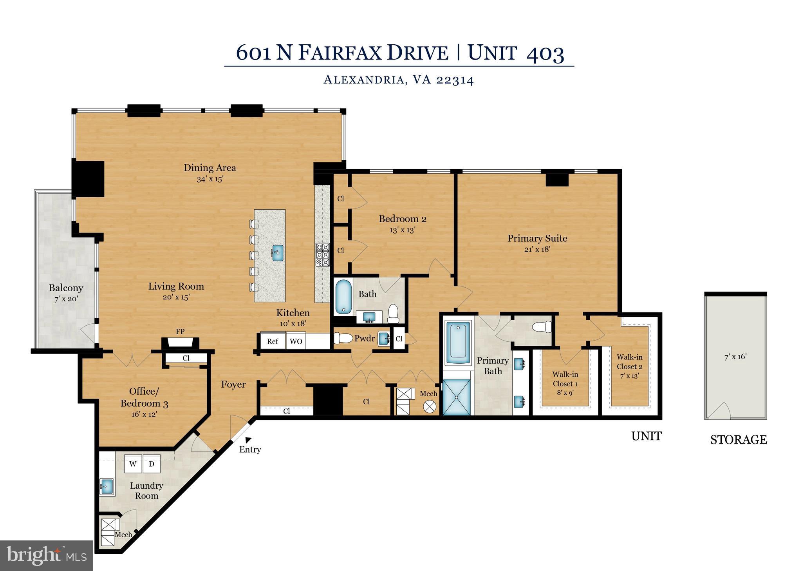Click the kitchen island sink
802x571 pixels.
click(x=277, y=253)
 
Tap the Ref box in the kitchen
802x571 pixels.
click(x=273, y=341)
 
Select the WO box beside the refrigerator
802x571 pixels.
click(x=296, y=341)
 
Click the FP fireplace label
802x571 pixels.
click(x=180, y=332)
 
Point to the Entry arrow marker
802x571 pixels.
click(x=248, y=440)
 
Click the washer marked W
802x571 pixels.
click(x=133, y=464)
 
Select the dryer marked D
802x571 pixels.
click(x=152, y=464)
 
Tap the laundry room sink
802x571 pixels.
click(x=107, y=486)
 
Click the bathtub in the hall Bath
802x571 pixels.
click(x=343, y=296)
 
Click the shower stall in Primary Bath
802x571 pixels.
click(x=457, y=397)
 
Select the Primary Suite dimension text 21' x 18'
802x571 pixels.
click(x=537, y=249)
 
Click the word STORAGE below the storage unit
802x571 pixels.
click(x=738, y=440)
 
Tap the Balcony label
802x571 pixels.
click(x=66, y=288)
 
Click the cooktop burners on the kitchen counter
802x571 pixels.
click(x=323, y=255)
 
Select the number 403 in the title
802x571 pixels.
click(x=545, y=53)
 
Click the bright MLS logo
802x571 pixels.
click(x=46, y=555)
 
